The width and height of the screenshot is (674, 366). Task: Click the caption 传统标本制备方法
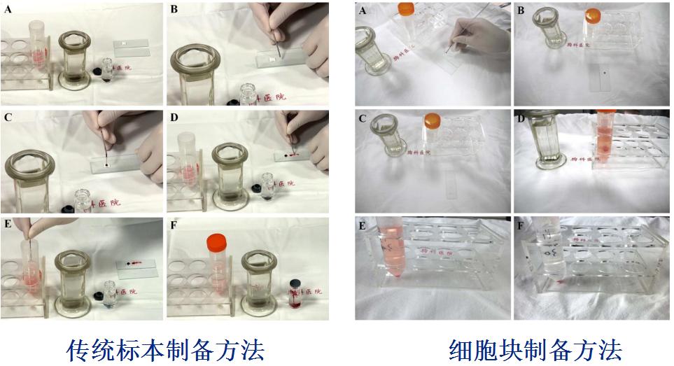166,349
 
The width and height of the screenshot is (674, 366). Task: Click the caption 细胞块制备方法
535,349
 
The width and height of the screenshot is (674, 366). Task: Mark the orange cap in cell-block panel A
407,10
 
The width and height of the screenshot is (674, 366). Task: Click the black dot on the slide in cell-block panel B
603,72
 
